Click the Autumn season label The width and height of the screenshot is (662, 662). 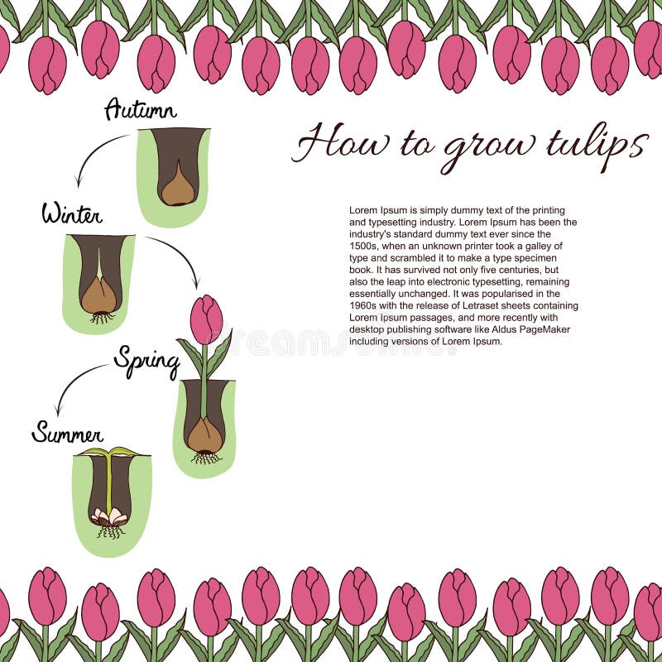140,109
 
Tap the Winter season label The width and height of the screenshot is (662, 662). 72,213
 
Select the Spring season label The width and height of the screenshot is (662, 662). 147,362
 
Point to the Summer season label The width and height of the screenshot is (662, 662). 68,433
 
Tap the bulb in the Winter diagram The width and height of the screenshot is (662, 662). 99,295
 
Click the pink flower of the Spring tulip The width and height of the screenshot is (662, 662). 206,319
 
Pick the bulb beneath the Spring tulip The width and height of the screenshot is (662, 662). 205,435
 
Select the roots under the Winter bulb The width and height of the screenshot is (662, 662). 101,318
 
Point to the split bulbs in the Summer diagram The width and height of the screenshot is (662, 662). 109,516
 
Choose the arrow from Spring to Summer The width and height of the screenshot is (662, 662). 75,380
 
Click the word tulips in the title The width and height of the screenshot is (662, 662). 597,144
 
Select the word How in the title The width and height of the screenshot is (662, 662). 340,142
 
